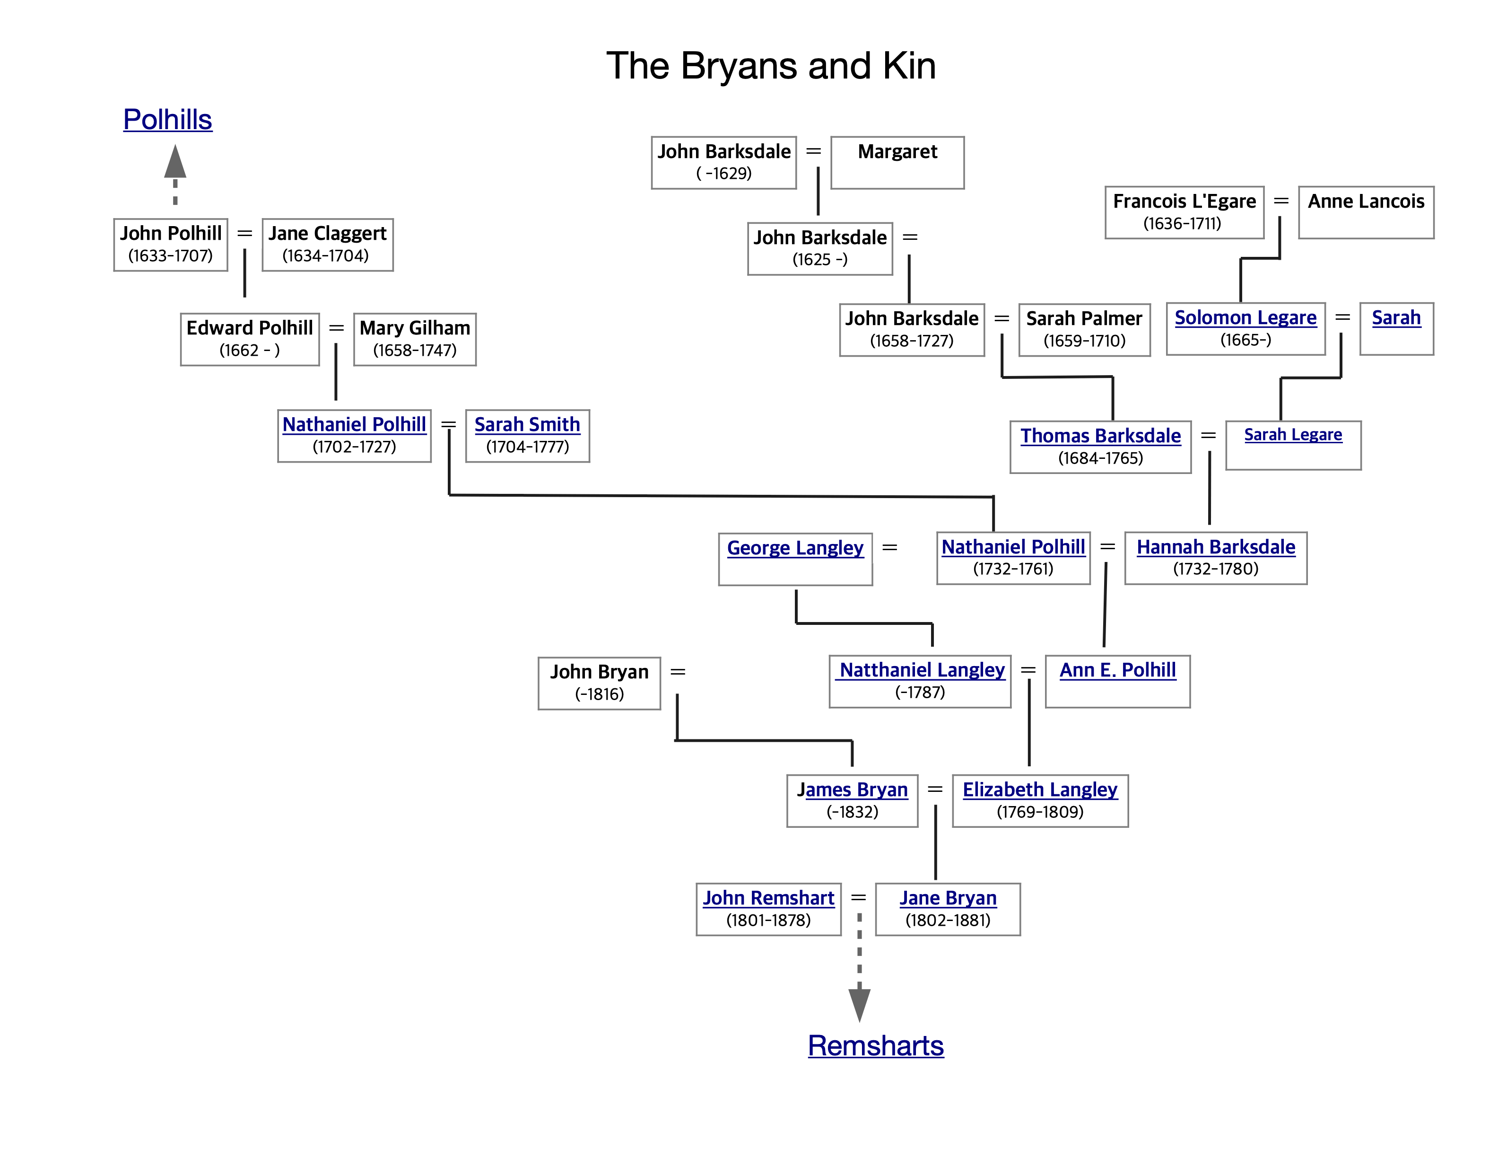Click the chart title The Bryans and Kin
pos(771,66)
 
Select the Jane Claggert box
pos(327,245)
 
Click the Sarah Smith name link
pos(527,425)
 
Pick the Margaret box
pos(897,163)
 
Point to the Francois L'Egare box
pos(1184,212)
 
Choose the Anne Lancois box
pos(1366,212)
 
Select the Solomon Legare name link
pos(1245,317)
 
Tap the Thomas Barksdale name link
pos(1100,436)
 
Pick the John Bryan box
pos(599,683)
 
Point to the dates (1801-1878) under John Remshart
pos(768,920)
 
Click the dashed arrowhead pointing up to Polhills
pos(175,161)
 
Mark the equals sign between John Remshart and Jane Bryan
pos(858,897)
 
